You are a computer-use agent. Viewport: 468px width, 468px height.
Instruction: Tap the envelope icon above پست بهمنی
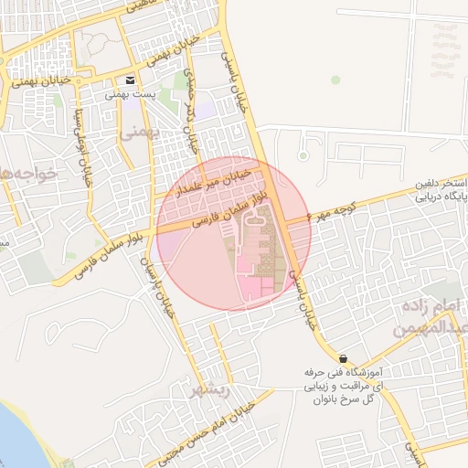coord(133,80)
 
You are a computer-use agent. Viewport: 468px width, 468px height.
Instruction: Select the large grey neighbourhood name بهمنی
coord(140,133)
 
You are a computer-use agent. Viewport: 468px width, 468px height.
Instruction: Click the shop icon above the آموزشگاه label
coord(343,358)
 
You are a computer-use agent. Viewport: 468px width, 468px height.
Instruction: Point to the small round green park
coord(335,80)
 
